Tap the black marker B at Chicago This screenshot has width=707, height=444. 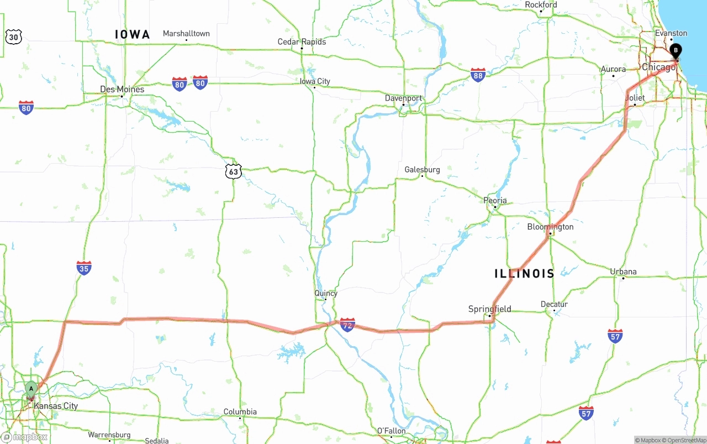point(675,51)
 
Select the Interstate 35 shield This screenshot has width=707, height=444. point(84,268)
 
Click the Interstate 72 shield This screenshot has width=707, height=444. point(347,325)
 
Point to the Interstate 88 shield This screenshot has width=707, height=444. point(478,75)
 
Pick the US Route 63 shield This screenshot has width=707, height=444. point(234,171)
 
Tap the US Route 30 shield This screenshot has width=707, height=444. point(13,37)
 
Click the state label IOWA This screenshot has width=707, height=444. point(133,35)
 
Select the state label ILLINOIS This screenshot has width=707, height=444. point(524,274)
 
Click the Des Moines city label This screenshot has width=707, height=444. point(122,89)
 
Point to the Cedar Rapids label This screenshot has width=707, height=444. point(302,42)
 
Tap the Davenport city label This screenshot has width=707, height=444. point(403,98)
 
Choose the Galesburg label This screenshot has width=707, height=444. point(422,169)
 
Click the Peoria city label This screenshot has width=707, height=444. point(495,201)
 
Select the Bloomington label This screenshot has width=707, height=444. point(550,227)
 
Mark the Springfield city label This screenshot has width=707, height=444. point(489,309)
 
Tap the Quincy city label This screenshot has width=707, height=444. point(325,293)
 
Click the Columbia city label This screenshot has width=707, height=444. point(240,412)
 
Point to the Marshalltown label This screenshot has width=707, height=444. point(186,34)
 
